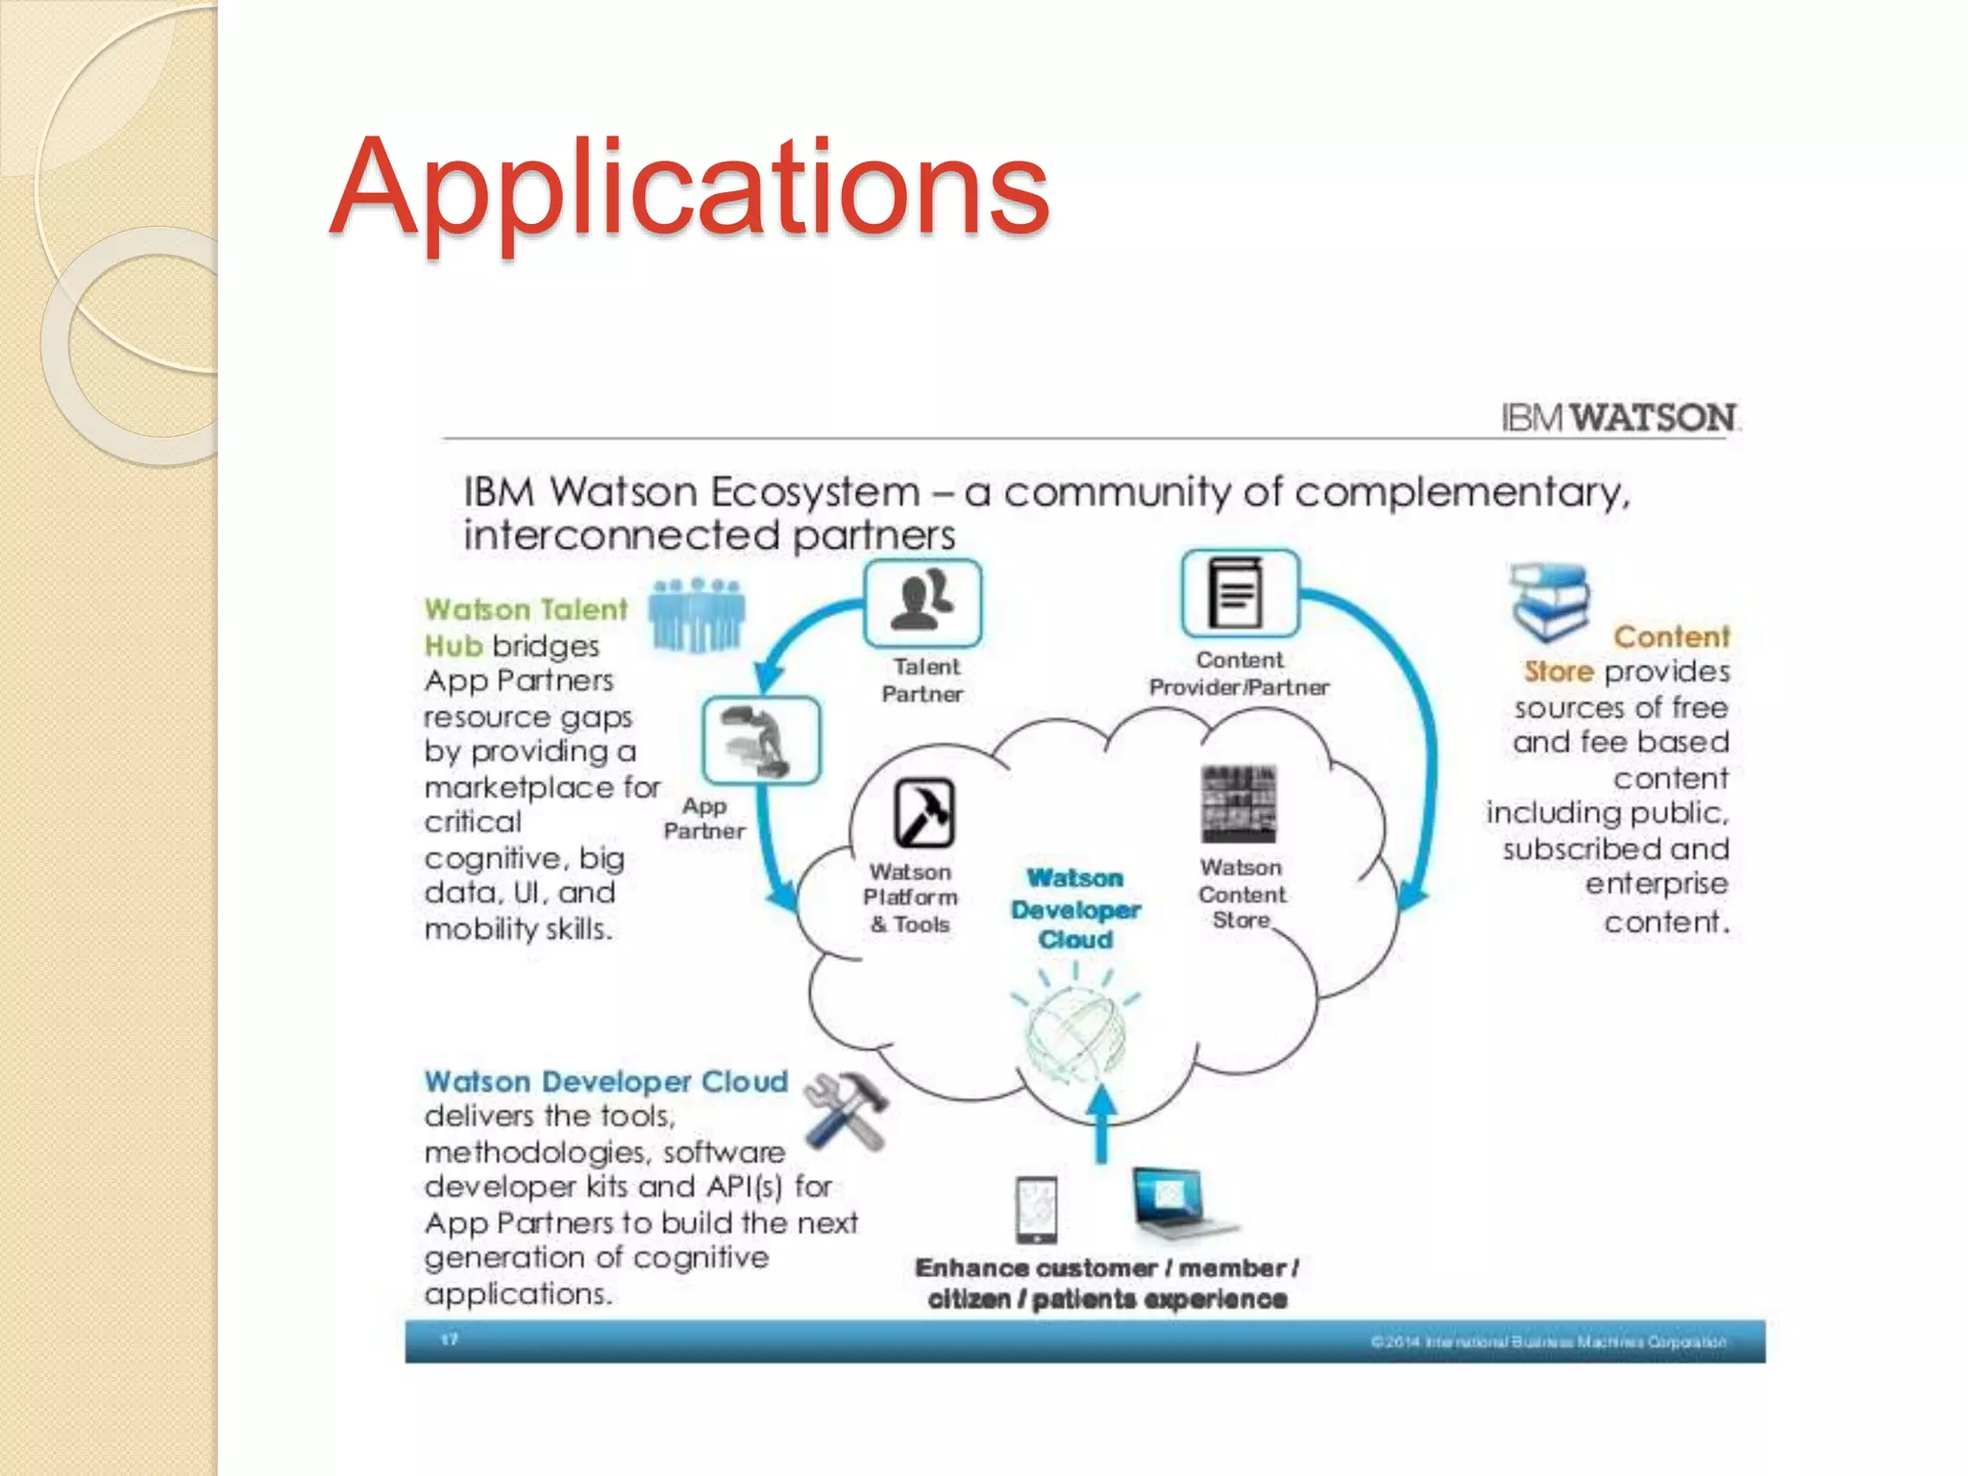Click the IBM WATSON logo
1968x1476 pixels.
pos(1620,418)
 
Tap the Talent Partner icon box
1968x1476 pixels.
pos(922,603)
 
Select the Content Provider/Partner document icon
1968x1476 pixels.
pos(1240,594)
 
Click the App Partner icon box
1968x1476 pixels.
pos(761,740)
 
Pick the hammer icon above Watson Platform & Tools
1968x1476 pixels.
pos(923,813)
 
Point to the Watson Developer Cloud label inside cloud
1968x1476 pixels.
pos(1075,909)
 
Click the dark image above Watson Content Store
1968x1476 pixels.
pos(1239,804)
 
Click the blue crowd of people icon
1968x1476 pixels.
pos(697,615)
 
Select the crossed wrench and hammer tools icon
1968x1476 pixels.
pos(845,1110)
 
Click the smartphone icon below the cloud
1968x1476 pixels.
pos(1036,1209)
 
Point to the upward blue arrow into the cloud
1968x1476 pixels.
pos(1102,1124)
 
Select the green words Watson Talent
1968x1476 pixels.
pos(526,610)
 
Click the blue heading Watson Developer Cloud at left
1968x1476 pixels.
pos(605,1082)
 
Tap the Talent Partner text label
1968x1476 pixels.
pos(923,680)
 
